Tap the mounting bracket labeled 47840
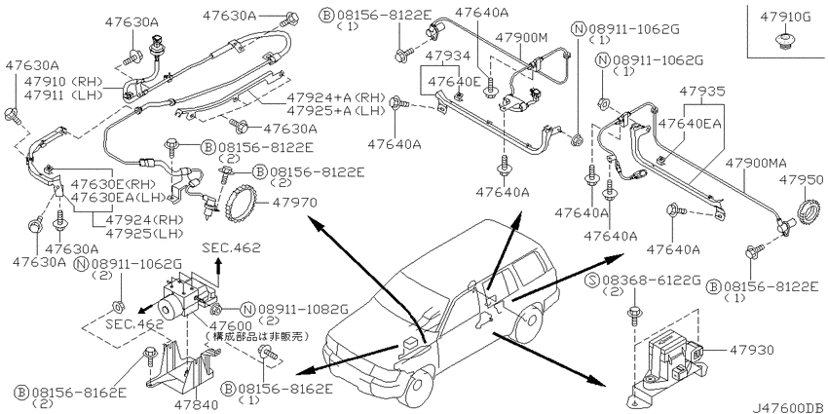(186, 368)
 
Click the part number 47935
(701, 90)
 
